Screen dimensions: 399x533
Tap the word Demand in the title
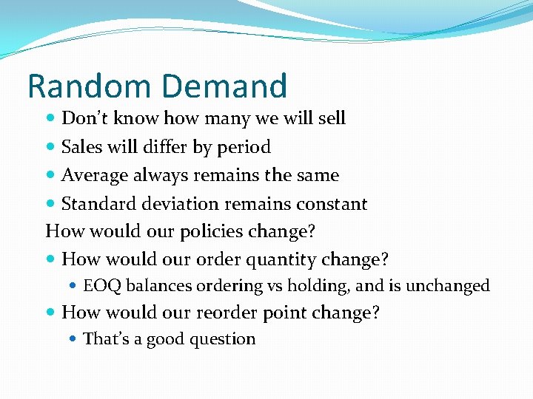pyautogui.click(x=222, y=86)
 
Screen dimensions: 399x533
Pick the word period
pyautogui.click(x=244, y=148)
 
